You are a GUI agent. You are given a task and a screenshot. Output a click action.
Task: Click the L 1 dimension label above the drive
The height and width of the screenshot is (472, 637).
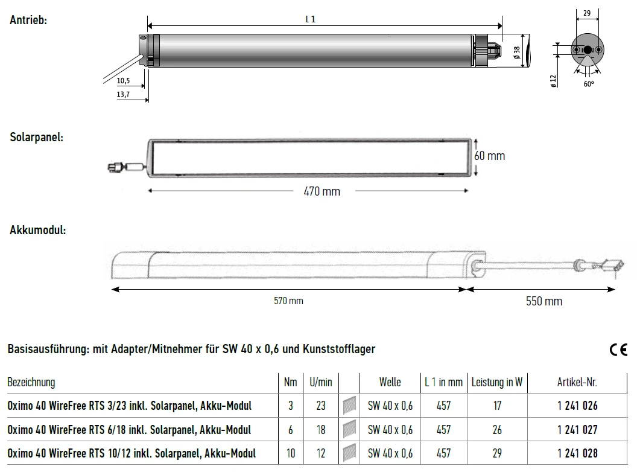coord(311,19)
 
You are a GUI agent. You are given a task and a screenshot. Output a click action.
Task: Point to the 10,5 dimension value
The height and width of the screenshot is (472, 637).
coord(123,80)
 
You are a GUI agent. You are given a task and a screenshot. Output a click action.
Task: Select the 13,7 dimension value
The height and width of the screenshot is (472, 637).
coord(123,94)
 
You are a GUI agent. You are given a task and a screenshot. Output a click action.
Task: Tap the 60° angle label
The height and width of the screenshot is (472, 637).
coord(589,84)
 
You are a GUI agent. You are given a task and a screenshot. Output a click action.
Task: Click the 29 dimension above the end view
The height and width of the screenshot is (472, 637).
coord(587,13)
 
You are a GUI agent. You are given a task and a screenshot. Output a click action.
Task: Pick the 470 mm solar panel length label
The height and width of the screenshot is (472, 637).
coord(322,191)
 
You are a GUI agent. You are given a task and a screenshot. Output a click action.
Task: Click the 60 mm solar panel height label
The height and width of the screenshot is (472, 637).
coord(490,156)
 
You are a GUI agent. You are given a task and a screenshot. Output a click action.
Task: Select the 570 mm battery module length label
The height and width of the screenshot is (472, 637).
coord(288,301)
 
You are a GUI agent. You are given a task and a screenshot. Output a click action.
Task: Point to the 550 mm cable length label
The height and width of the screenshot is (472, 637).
coord(544,301)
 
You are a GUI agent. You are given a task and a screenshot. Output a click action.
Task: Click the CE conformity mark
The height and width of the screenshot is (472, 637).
coord(618,349)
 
